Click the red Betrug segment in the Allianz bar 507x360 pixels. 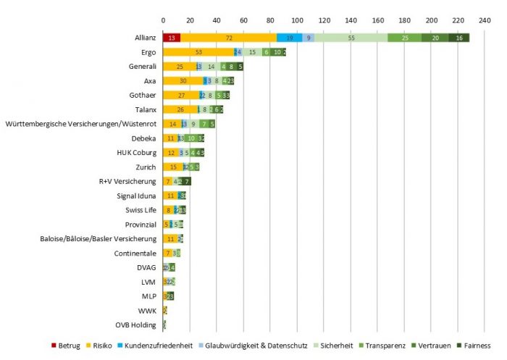(x=171, y=38)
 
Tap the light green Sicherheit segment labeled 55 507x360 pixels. (x=351, y=38)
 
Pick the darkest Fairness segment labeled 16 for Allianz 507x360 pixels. (x=458, y=38)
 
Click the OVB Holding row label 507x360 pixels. (x=135, y=325)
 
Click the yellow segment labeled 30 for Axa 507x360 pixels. (x=183, y=80)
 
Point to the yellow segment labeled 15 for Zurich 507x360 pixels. (x=172, y=167)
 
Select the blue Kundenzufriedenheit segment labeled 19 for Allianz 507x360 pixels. (x=290, y=38)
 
